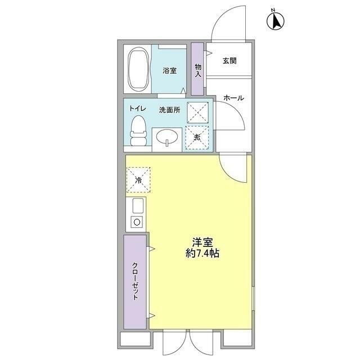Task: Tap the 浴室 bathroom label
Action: (169, 70)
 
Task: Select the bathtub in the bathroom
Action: (138, 70)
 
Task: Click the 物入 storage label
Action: (198, 70)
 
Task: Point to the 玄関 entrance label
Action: (228, 61)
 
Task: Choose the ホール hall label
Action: (233, 98)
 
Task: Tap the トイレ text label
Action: (138, 109)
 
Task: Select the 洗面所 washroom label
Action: (169, 110)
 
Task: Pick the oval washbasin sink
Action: (167, 138)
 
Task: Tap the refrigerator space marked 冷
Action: (138, 180)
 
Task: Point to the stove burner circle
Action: (136, 222)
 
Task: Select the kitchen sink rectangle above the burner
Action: (138, 205)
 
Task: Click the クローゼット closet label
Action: (136, 282)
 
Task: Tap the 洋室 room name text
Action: (202, 242)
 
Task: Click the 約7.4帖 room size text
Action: (202, 254)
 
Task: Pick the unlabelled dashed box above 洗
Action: (197, 112)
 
